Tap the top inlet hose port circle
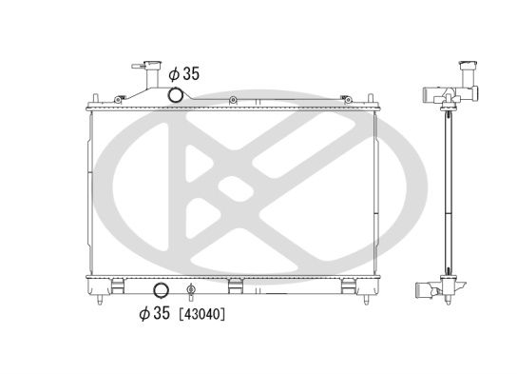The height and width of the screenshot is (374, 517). click(x=175, y=95)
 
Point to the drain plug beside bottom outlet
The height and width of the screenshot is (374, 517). click(x=191, y=290)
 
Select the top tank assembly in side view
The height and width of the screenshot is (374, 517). click(x=447, y=95)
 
